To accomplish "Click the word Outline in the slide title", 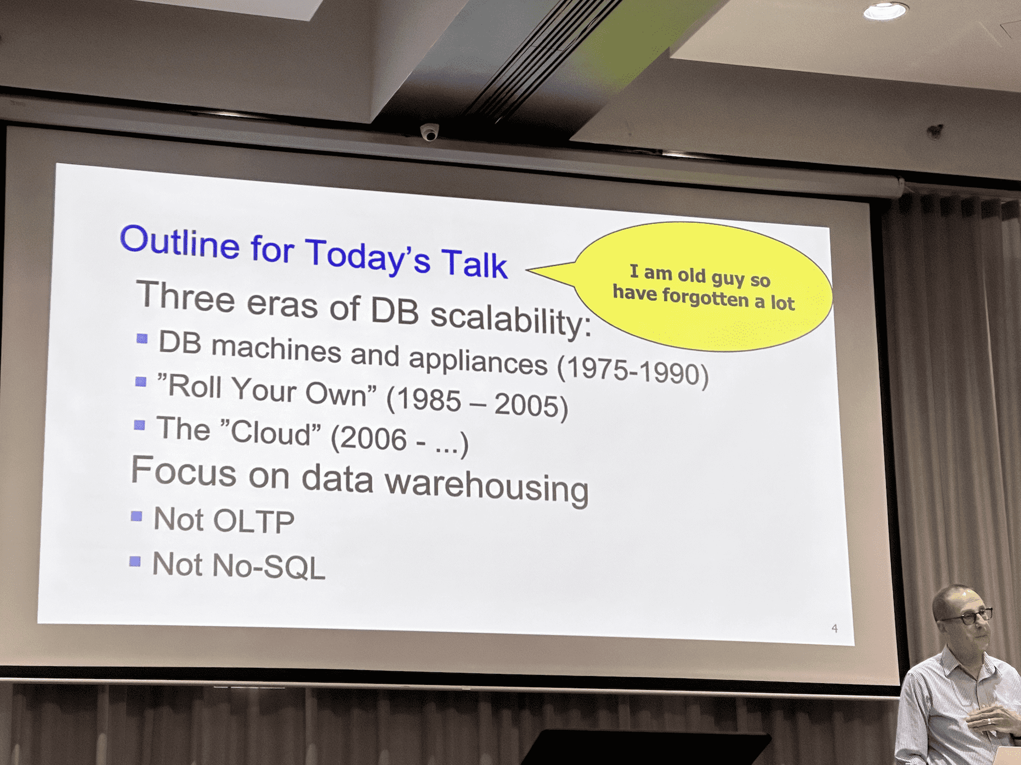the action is (180, 241).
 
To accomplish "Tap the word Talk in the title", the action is (474, 263).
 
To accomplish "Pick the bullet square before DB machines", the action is (142, 338).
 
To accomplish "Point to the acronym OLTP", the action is (253, 521).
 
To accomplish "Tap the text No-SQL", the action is (269, 566).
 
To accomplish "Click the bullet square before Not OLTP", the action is (137, 516).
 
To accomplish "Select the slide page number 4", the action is (835, 628).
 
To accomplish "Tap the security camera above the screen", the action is (429, 132).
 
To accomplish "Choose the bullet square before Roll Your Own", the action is (141, 381).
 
